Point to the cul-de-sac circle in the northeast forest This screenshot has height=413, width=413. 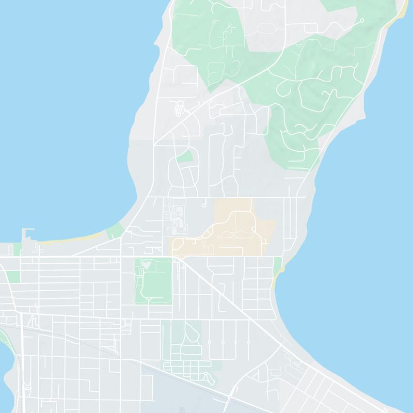click(x=361, y=21)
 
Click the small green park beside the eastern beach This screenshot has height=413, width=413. click(x=279, y=264)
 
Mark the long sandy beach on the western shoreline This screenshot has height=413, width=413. click(x=72, y=239)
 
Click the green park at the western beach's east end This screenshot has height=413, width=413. click(x=113, y=232)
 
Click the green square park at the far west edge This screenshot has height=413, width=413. click(x=14, y=276)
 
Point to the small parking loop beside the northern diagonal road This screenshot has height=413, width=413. click(x=179, y=108)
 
